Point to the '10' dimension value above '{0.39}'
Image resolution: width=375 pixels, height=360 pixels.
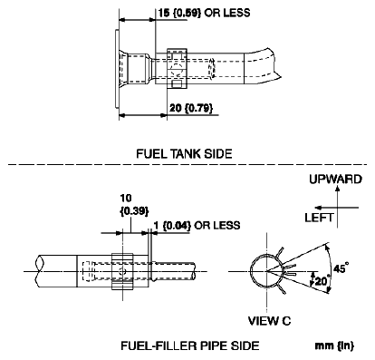125,196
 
